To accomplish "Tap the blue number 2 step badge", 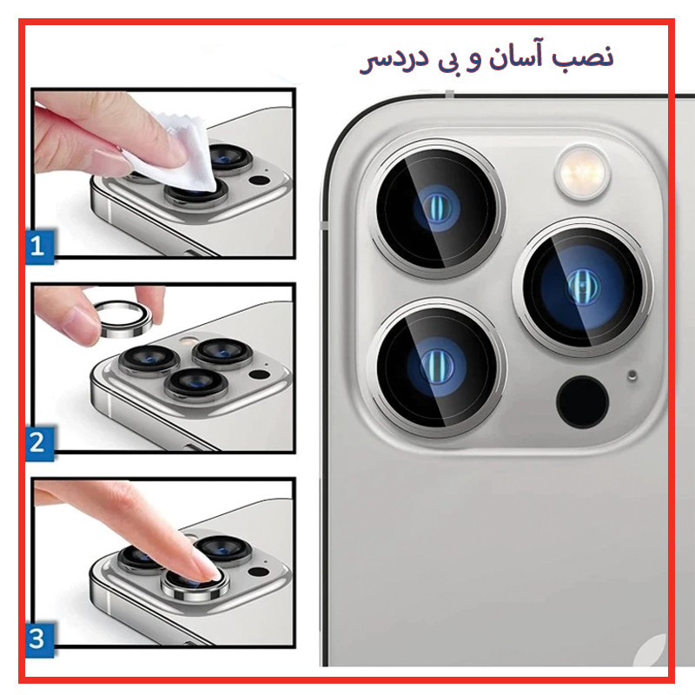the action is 40,443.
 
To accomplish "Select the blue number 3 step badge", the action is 40,639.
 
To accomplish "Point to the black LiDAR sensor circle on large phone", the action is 582,402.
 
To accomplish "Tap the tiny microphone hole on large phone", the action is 632,375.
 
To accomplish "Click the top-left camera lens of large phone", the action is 437,208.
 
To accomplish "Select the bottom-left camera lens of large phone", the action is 437,367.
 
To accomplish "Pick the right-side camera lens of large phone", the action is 582,287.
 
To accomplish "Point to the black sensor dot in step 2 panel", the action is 259,375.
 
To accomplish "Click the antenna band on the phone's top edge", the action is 449,94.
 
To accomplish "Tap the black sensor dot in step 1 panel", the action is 259,181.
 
